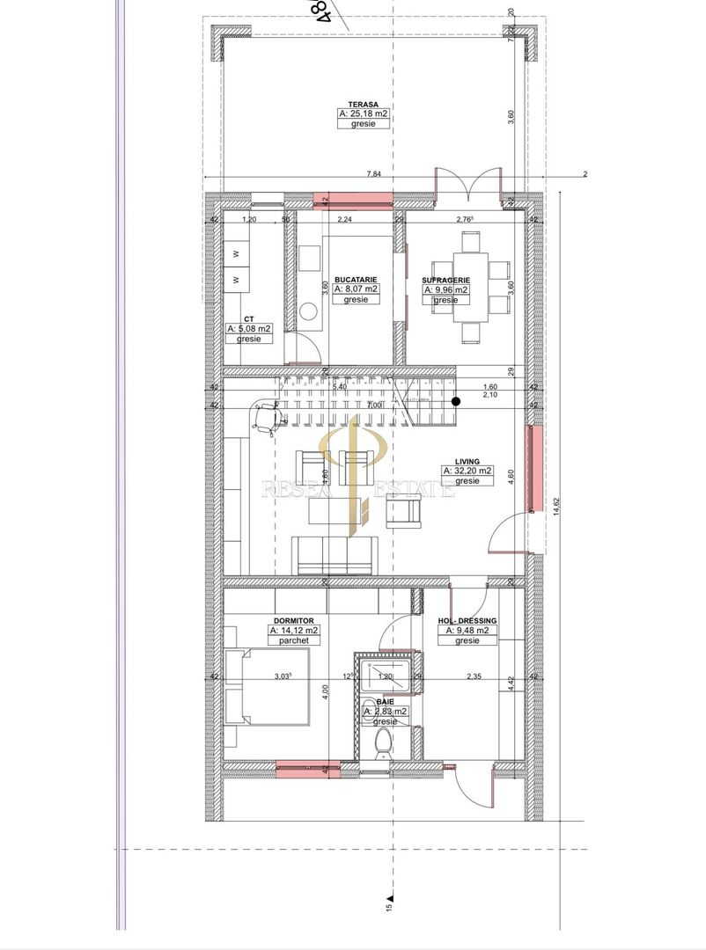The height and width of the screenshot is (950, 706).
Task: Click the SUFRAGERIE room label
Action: (x=445, y=279)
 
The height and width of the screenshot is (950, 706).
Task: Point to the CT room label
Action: (x=248, y=318)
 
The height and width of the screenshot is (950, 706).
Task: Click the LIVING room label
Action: (x=467, y=460)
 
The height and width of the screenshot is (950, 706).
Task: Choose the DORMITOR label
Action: (x=292, y=620)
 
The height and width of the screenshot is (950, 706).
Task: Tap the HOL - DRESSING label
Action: (x=467, y=620)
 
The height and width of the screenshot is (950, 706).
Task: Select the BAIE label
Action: (x=386, y=702)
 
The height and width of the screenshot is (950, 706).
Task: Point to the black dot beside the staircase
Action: (x=456, y=402)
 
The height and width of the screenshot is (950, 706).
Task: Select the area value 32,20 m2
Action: (x=467, y=471)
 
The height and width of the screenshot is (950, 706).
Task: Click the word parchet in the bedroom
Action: (x=293, y=641)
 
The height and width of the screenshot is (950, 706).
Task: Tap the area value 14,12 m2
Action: (x=294, y=631)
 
